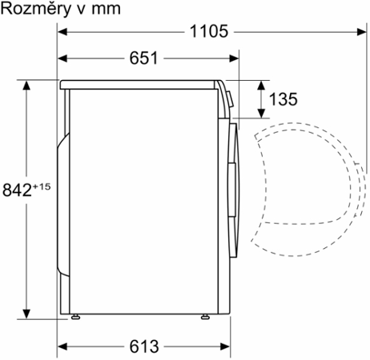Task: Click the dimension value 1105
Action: coord(210,31)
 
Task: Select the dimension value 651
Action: coord(142,58)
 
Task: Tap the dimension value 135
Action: coord(282,99)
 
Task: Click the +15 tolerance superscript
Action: coord(42,186)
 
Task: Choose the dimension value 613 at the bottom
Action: coord(142,346)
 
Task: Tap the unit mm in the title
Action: coord(107,9)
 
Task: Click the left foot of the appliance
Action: coord(76,317)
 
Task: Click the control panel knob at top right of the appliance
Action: coord(228,101)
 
